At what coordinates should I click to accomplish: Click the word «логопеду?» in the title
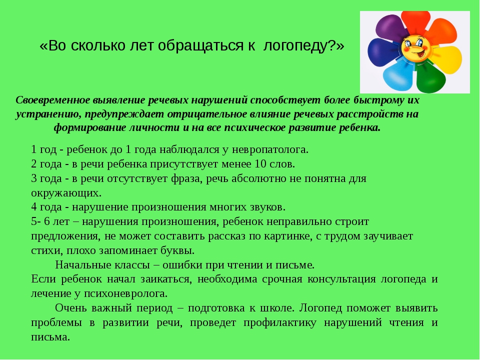(303, 46)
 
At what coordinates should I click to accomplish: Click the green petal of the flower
(430, 77)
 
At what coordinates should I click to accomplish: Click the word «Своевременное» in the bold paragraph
(53, 100)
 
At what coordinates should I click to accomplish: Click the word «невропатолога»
(269, 149)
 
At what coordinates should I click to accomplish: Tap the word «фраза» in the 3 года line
(186, 178)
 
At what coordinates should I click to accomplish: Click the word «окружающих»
(66, 193)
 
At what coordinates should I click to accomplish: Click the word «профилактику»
(280, 322)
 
